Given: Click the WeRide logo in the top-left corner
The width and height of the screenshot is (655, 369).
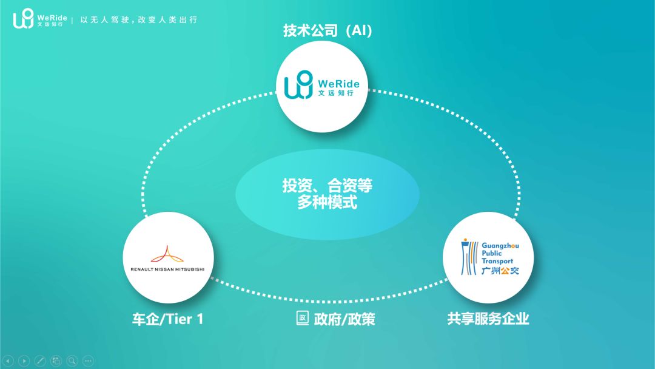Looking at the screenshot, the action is pyautogui.click(x=40, y=19).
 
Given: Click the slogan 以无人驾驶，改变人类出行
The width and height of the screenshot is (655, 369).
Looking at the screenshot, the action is pyautogui.click(x=139, y=19).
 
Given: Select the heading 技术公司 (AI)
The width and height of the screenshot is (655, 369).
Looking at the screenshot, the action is pyautogui.click(x=327, y=30).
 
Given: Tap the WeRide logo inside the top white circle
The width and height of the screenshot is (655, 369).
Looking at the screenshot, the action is pyautogui.click(x=321, y=85).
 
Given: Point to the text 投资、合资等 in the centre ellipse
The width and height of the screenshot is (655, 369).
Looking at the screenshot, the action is pyautogui.click(x=327, y=185).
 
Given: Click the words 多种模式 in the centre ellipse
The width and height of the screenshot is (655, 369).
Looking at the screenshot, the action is pyautogui.click(x=327, y=202).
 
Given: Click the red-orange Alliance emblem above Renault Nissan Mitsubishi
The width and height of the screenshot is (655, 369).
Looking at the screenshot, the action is pyautogui.click(x=167, y=254).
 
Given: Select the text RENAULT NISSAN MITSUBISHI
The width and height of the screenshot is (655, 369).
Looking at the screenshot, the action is pyautogui.click(x=167, y=269).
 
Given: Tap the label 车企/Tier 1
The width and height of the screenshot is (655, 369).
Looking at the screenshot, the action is pyautogui.click(x=167, y=319).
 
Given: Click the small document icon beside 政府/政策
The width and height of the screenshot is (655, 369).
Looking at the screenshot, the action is pyautogui.click(x=303, y=318).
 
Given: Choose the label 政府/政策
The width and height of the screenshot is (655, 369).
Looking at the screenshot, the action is pyautogui.click(x=344, y=319).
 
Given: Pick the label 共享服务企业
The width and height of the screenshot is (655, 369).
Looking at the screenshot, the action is pyautogui.click(x=488, y=319).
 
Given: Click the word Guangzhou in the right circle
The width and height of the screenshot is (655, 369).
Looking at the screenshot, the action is pyautogui.click(x=500, y=246).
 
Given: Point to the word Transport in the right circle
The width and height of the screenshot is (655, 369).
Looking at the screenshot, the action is pyautogui.click(x=497, y=261).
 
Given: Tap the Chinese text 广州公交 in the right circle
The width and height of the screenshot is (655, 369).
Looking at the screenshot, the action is pyautogui.click(x=500, y=271).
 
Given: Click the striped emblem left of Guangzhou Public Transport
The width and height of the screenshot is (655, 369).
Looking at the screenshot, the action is pyautogui.click(x=469, y=257).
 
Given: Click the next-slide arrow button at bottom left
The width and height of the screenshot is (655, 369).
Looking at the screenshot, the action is pyautogui.click(x=24, y=361).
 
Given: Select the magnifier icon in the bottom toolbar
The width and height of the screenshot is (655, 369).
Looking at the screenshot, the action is pyautogui.click(x=72, y=361).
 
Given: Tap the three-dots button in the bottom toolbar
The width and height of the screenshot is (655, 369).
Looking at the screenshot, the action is pyautogui.click(x=88, y=361).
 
